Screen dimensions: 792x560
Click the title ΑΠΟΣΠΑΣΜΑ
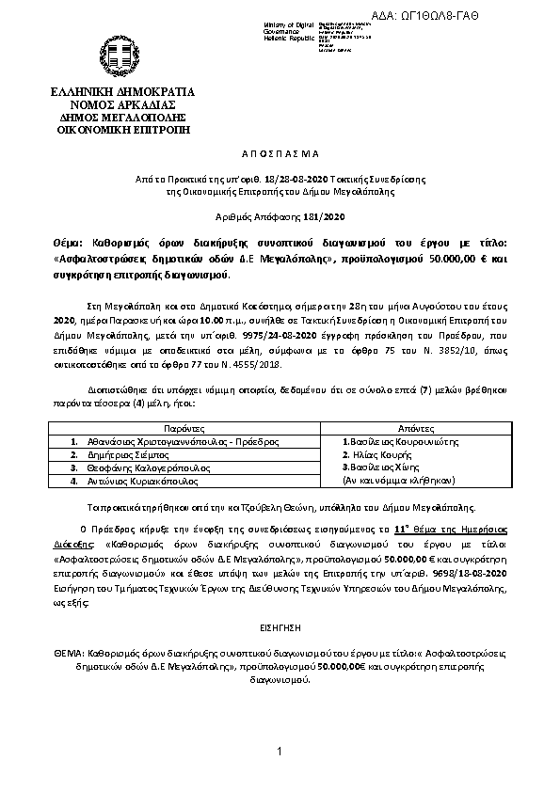pyautogui.click(x=280, y=151)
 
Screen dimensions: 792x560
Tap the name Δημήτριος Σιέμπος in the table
pyautogui.click(x=123, y=453)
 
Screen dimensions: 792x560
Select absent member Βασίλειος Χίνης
pyautogui.click(x=380, y=467)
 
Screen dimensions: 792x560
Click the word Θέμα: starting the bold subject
pyautogui.click(x=69, y=241)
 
